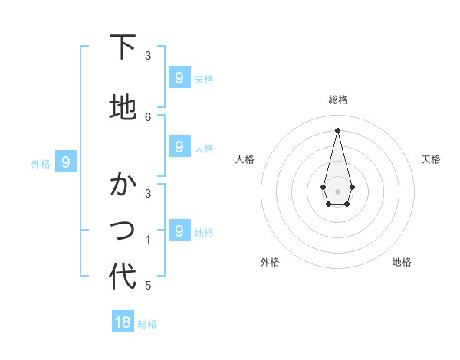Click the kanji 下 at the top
(122, 47)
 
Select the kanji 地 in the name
(122, 107)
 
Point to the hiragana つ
(122, 229)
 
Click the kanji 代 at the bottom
(122, 277)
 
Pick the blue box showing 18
(123, 322)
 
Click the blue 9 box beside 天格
(179, 77)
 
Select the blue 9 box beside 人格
(179, 146)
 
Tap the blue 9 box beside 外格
(67, 162)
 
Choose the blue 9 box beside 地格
(179, 231)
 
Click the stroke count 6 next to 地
(148, 116)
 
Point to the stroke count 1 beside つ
(148, 240)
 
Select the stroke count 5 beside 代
(148, 286)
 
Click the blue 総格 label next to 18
(147, 324)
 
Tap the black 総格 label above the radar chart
(337, 100)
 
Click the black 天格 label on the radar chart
(431, 159)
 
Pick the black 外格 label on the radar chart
(270, 262)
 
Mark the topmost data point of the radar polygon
(337, 129)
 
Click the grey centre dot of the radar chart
(337, 191)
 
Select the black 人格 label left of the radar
(245, 159)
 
